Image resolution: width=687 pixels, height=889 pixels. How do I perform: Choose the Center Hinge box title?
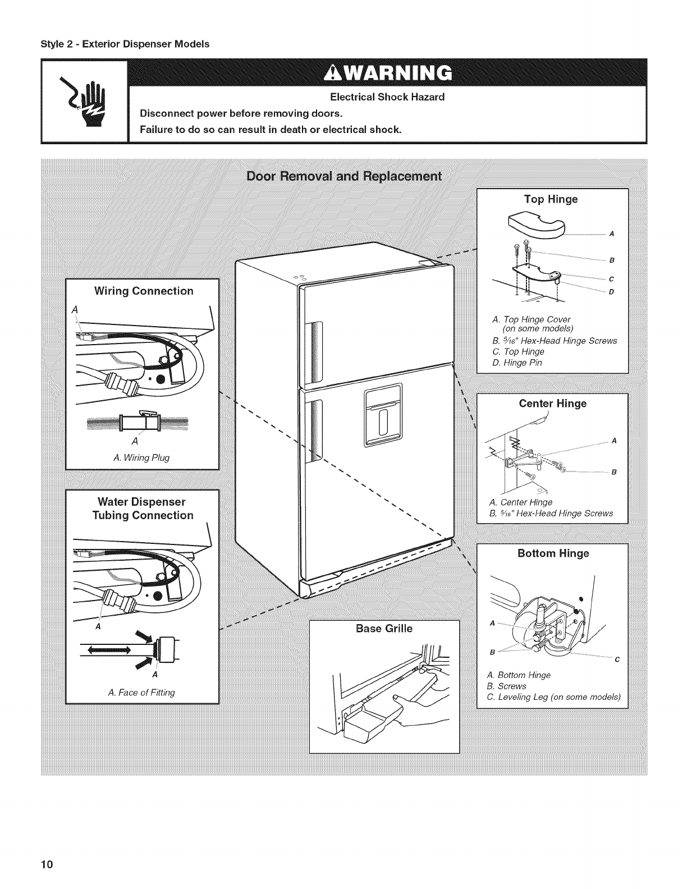click(x=553, y=404)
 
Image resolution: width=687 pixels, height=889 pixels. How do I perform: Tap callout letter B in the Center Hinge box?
click(x=614, y=472)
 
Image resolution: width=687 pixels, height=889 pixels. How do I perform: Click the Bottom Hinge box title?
click(x=553, y=553)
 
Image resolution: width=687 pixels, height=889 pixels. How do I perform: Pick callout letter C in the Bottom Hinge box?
click(x=617, y=659)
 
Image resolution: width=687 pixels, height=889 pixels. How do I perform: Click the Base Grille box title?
click(x=384, y=629)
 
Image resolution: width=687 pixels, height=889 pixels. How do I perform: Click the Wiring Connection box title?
click(x=144, y=291)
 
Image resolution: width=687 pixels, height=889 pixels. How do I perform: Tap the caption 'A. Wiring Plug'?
click(x=141, y=457)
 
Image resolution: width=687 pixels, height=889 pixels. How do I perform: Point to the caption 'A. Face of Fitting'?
click(x=141, y=693)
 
